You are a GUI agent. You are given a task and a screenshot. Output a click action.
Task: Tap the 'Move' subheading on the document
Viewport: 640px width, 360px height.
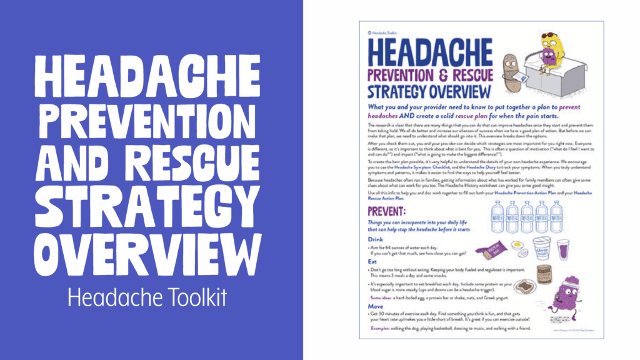[375, 307]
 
